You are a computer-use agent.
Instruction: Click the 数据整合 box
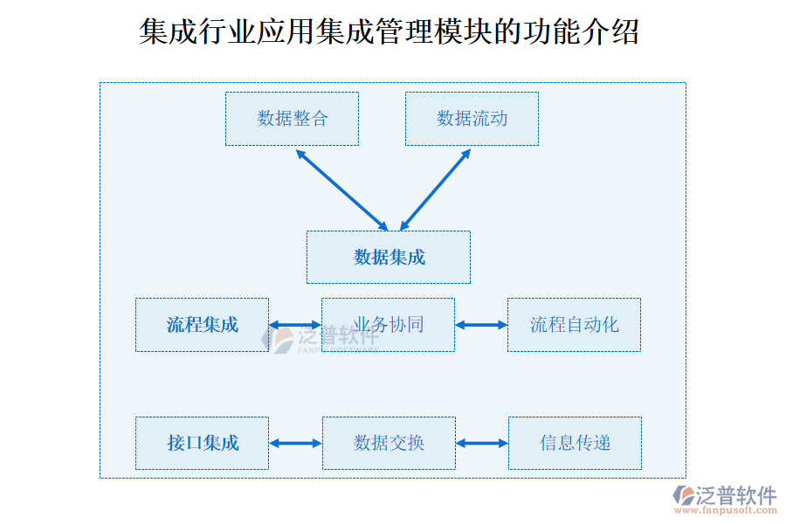[292, 119]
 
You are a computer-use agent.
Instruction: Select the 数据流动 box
[472, 119]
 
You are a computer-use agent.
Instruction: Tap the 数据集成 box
[389, 257]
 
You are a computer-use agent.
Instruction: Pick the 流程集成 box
[202, 325]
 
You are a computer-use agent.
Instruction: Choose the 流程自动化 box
[574, 325]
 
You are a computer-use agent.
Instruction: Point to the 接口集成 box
[202, 444]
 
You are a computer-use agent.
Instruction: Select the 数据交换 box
[389, 444]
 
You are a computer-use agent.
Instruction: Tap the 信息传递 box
[575, 444]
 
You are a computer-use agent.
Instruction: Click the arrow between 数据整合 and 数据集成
[341, 189]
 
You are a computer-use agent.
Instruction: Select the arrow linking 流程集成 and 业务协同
[295, 325]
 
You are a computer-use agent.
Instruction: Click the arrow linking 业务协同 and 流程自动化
[481, 325]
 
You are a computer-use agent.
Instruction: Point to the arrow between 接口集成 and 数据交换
[295, 444]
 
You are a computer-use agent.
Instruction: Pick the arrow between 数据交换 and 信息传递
[481, 444]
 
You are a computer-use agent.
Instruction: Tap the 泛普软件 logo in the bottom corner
[725, 495]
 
